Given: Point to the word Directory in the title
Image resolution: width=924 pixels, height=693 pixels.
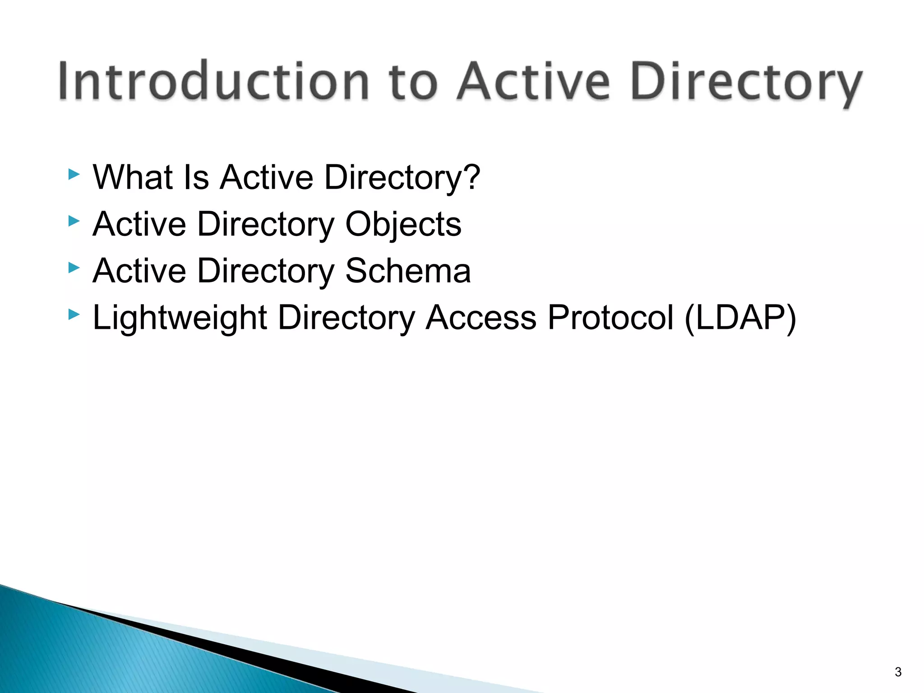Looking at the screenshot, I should click(x=746, y=83).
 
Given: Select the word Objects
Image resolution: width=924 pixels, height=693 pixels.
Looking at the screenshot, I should click(x=403, y=224).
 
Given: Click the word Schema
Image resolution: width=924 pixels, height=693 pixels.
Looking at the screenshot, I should click(x=408, y=271).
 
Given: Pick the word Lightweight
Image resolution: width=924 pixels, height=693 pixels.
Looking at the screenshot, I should click(x=180, y=318).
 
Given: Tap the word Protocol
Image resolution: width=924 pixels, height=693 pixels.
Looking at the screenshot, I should click(x=610, y=318).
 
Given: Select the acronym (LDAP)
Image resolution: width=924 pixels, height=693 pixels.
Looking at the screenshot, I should click(x=740, y=318).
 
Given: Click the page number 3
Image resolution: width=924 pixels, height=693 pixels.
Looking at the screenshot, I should click(x=898, y=672).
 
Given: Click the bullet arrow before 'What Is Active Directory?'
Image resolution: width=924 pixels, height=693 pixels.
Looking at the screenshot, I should click(x=74, y=174).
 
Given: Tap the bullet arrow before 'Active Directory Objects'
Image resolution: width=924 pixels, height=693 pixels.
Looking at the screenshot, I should click(x=74, y=221).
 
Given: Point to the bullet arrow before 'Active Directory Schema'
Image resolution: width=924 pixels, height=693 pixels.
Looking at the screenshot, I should click(x=74, y=268).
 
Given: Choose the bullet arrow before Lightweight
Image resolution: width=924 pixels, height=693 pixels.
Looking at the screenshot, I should click(x=74, y=314).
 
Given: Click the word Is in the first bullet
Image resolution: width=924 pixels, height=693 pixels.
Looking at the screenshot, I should click(x=196, y=177).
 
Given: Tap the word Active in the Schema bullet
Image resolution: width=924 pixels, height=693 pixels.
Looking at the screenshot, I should click(x=139, y=271).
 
